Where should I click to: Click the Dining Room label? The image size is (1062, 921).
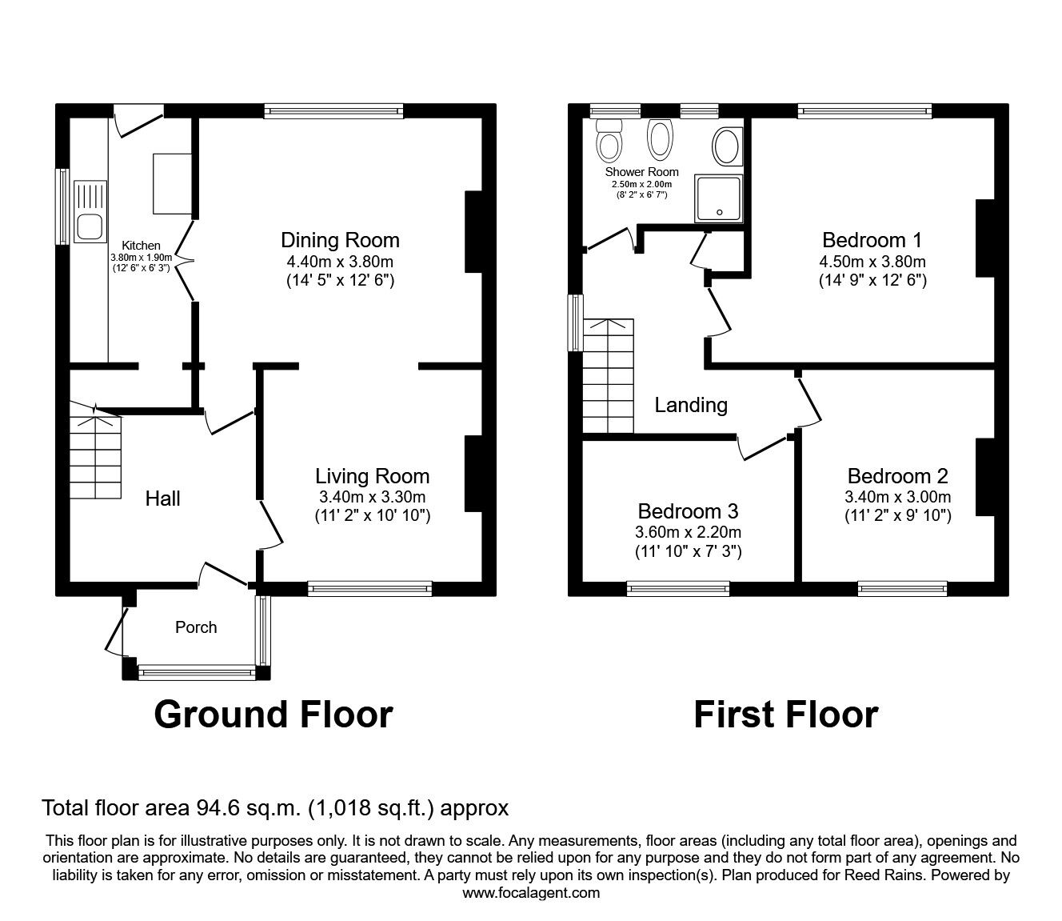click(x=340, y=240)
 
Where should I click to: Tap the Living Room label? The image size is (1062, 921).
click(x=373, y=476)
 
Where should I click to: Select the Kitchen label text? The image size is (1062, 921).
click(x=141, y=246)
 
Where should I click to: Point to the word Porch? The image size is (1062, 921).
click(x=196, y=627)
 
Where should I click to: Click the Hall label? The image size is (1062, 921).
click(x=162, y=499)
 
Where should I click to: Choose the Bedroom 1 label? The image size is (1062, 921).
click(x=872, y=240)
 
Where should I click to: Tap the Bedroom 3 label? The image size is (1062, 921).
click(x=688, y=511)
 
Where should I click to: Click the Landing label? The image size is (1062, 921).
click(x=691, y=405)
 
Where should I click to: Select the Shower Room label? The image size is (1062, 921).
click(x=641, y=172)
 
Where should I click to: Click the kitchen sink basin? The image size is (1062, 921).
click(x=90, y=226)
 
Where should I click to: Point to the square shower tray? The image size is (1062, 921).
click(x=718, y=198)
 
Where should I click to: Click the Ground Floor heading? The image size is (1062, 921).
click(x=273, y=715)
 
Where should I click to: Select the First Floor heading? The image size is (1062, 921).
click(x=786, y=715)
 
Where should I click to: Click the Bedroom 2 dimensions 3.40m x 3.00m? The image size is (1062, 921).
click(x=897, y=497)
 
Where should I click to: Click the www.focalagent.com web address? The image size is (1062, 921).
click(x=531, y=893)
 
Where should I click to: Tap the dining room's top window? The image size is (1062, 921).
click(x=334, y=110)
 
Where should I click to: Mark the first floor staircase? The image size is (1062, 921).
click(x=609, y=376)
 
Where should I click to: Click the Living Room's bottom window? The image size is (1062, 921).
click(x=370, y=589)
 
